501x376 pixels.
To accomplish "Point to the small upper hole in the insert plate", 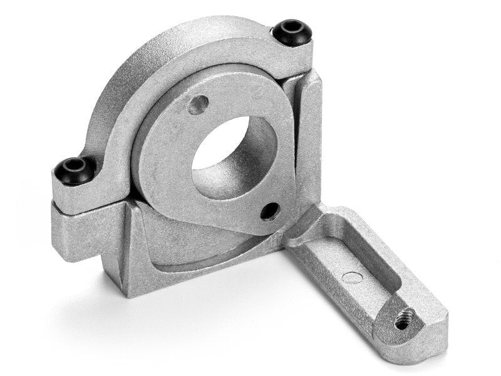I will [x=198, y=103].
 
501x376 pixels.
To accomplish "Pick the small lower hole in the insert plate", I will [x=270, y=212].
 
